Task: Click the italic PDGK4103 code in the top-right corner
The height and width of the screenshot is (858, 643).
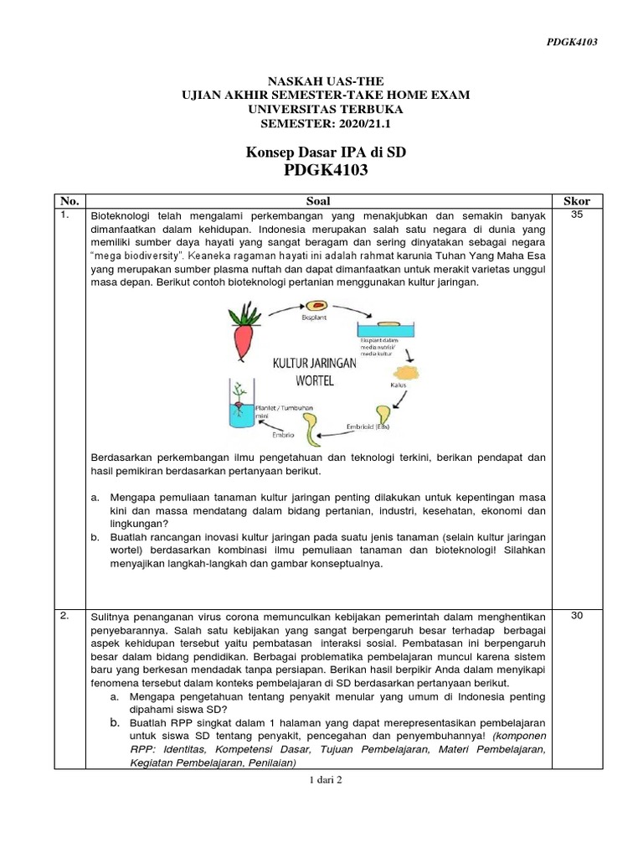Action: click(571, 41)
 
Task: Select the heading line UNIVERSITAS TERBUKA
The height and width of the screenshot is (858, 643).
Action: click(326, 109)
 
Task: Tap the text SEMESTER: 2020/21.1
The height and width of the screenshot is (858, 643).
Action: click(326, 123)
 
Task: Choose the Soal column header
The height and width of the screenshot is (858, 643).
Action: click(318, 201)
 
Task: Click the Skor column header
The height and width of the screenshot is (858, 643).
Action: click(577, 201)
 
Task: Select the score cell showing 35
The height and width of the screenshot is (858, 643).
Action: click(577, 215)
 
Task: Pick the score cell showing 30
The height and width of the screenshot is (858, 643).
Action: click(577, 616)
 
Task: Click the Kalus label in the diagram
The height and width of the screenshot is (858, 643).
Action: click(398, 385)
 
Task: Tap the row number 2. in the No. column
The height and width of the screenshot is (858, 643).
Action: click(64, 616)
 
